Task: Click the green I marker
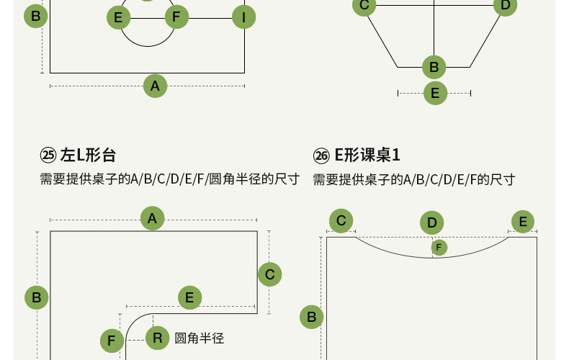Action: click(244, 17)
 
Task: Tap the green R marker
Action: click(158, 338)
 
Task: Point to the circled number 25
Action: click(48, 156)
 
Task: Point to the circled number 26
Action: click(321, 156)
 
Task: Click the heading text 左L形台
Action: click(88, 156)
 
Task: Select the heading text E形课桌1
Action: click(367, 156)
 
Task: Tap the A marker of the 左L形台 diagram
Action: click(152, 218)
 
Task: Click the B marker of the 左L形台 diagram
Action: click(36, 297)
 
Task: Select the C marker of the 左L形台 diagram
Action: click(269, 274)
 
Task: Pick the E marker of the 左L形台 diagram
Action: click(189, 297)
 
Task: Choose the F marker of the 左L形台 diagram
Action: click(111, 341)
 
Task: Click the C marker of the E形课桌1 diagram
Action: click(341, 221)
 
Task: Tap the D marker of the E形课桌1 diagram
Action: click(431, 222)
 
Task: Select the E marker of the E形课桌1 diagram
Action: click(523, 221)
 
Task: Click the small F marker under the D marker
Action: click(439, 248)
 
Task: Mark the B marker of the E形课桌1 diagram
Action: click(312, 317)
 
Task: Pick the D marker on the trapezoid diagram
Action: click(505, 6)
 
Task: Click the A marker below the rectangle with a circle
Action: click(155, 86)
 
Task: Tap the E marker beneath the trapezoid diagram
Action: click(434, 93)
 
